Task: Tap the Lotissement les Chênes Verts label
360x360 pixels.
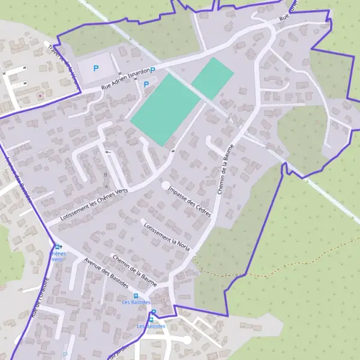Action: click(95, 206)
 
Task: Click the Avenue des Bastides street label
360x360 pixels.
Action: click(107, 274)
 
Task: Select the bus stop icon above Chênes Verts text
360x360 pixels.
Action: click(58, 247)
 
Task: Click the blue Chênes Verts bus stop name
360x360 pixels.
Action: click(57, 257)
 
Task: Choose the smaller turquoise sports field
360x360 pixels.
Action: click(212, 79)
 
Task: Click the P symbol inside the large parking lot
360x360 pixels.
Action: click(95, 68)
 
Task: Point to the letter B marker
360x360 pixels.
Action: click(106, 175)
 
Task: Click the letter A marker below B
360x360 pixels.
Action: click(107, 187)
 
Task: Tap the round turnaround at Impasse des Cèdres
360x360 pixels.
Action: click(166, 185)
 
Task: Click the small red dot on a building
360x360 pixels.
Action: click(40, 95)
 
